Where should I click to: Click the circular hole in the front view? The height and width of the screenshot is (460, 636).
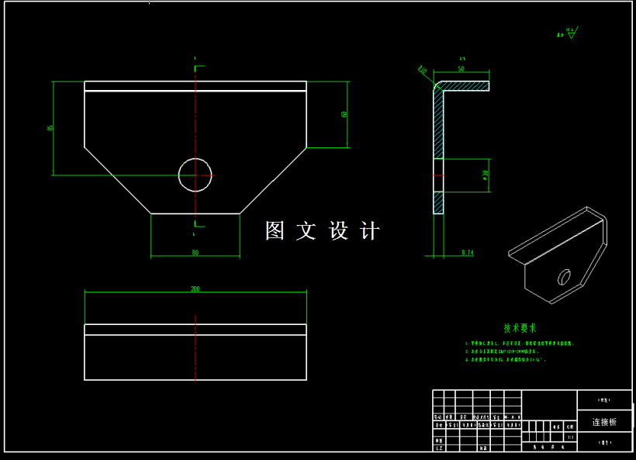(195, 175)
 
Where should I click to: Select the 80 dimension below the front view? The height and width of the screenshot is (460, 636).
(195, 252)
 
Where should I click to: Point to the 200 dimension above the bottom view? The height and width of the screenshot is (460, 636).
(195, 289)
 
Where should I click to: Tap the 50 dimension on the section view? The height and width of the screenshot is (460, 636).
(461, 69)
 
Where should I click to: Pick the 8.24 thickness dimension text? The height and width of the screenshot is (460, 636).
(467, 253)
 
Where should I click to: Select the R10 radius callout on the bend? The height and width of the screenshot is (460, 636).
(423, 71)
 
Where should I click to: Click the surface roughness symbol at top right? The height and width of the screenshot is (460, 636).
(572, 33)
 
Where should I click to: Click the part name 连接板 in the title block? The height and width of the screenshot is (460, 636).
(604, 422)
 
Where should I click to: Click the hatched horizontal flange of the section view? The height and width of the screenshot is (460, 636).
(465, 85)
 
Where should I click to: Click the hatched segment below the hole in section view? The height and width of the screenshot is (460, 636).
(439, 201)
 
